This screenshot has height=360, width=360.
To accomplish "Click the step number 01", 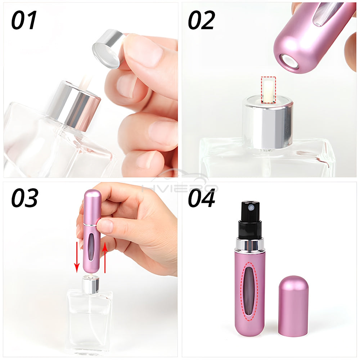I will tap(24, 20).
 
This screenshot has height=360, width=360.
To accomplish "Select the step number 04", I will tap(202, 198).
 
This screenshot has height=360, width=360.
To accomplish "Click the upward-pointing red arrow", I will tap(105, 258).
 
